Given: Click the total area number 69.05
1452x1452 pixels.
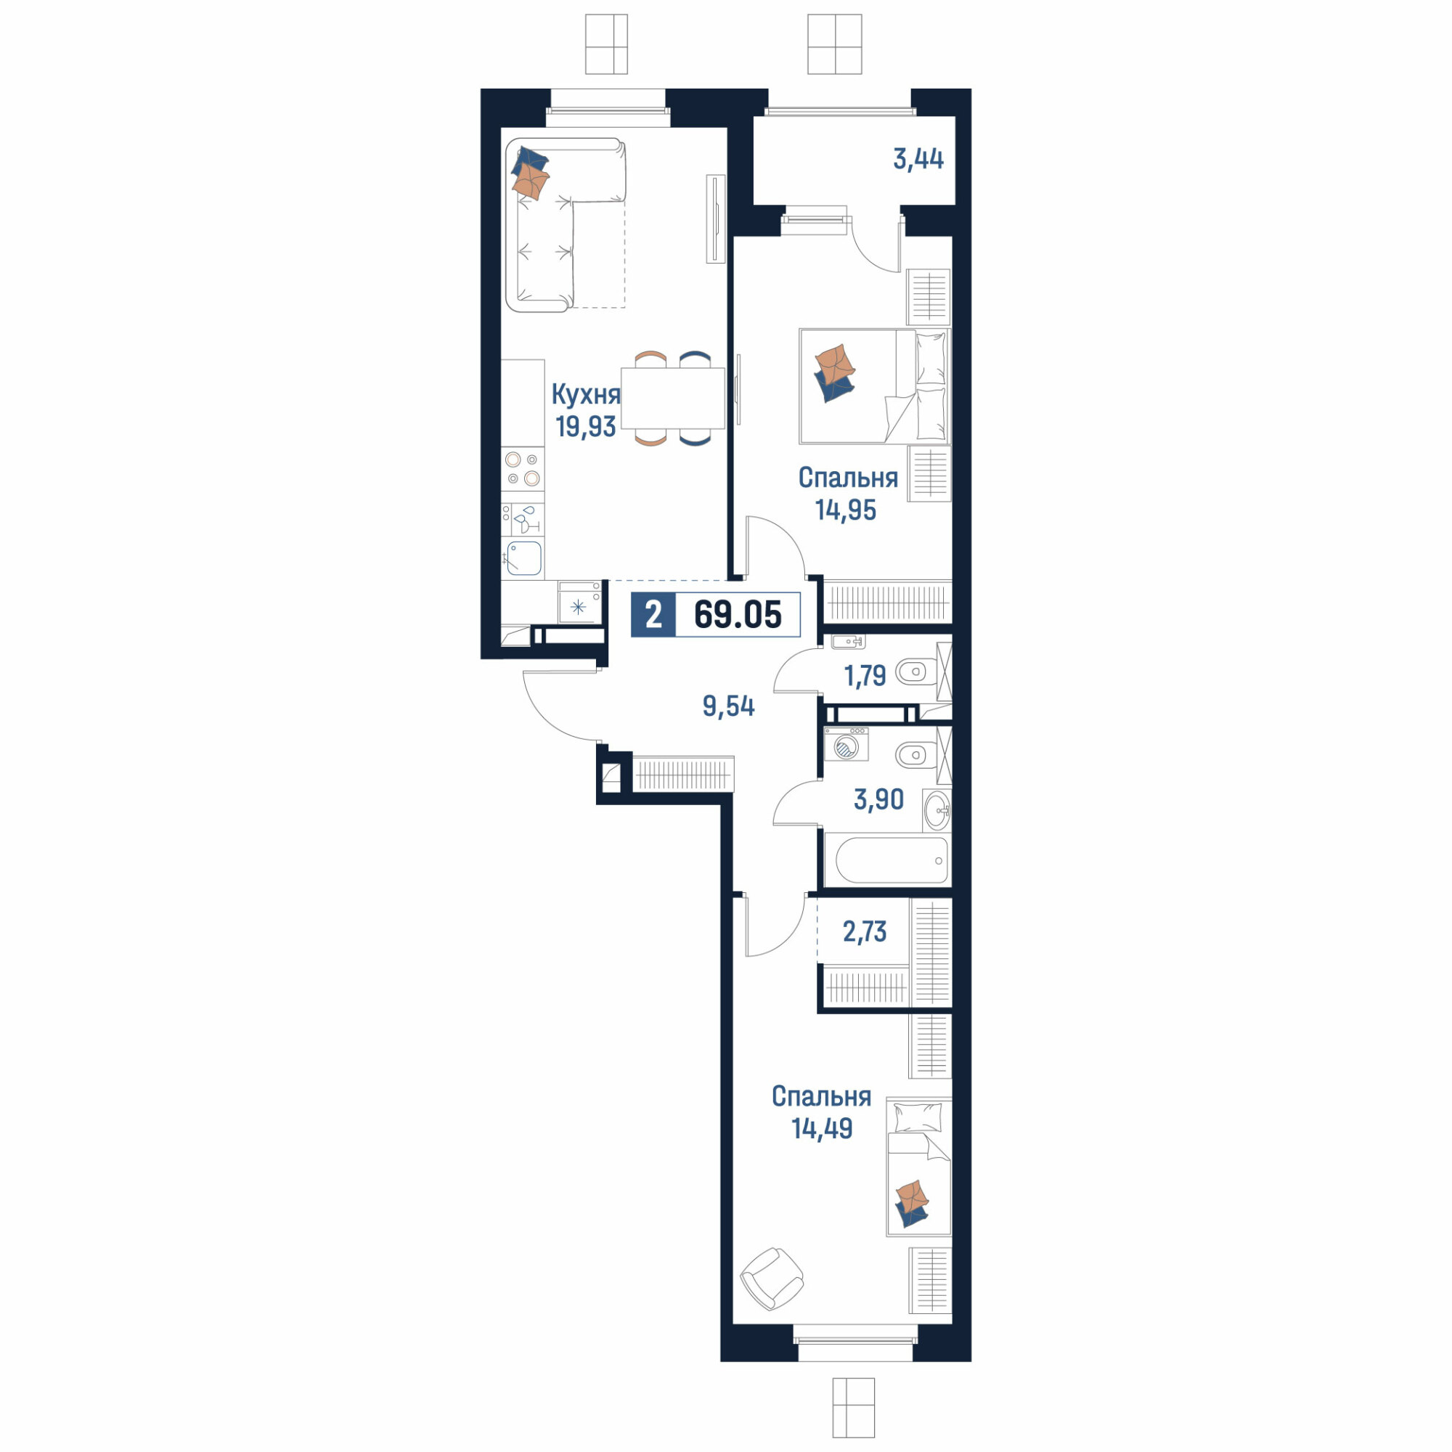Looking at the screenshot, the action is click(x=738, y=615).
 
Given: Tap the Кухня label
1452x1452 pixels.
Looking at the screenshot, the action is click(x=585, y=393).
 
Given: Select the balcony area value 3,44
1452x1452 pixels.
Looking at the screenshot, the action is click(x=918, y=159).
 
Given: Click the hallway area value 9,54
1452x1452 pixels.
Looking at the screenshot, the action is click(x=728, y=706).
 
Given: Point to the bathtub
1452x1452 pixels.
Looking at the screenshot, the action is click(x=887, y=860).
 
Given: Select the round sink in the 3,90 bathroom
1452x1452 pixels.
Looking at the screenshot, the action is click(x=937, y=812).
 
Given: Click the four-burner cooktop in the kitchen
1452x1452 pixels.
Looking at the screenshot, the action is click(x=522, y=469).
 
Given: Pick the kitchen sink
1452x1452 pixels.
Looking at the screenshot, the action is click(x=524, y=558).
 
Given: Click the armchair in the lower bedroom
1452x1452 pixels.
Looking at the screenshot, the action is click(x=772, y=1278).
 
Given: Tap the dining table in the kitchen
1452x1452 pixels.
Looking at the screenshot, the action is click(x=673, y=398).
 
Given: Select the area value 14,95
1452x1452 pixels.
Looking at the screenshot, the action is click(x=846, y=510).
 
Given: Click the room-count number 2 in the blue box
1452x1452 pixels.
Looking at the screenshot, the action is click(x=653, y=615).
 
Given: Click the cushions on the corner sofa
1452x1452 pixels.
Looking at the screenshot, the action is click(x=531, y=174).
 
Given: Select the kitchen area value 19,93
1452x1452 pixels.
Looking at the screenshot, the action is click(x=585, y=426).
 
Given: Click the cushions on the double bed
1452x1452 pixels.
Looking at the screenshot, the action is click(x=835, y=372).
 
